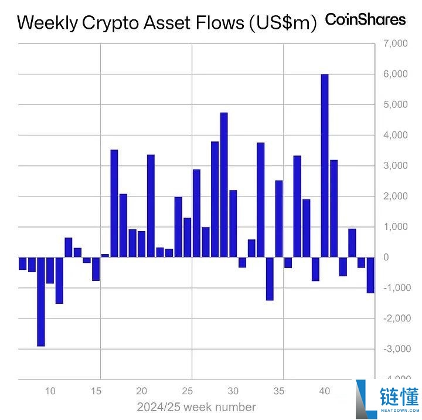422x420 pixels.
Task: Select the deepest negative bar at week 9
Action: coord(40,302)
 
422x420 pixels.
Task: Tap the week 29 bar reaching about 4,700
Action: coord(224,185)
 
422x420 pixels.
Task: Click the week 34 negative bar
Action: coord(270,279)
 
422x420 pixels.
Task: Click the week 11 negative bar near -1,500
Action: coord(59,280)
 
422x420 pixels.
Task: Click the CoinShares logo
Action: coord(365,19)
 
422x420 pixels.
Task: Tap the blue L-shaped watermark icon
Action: coord(364,398)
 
